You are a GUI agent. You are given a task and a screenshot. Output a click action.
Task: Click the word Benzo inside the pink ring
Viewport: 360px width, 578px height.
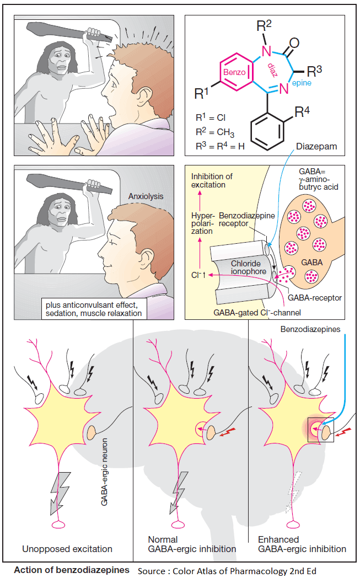pyautogui.click(x=235, y=72)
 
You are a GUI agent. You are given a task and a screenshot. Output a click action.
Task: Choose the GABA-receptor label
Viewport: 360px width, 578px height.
pyautogui.click(x=315, y=298)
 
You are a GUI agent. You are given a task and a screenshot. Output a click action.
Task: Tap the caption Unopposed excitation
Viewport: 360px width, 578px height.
pyautogui.click(x=67, y=549)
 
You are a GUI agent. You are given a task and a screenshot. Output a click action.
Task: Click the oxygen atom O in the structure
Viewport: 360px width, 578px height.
pyautogui.click(x=294, y=42)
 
